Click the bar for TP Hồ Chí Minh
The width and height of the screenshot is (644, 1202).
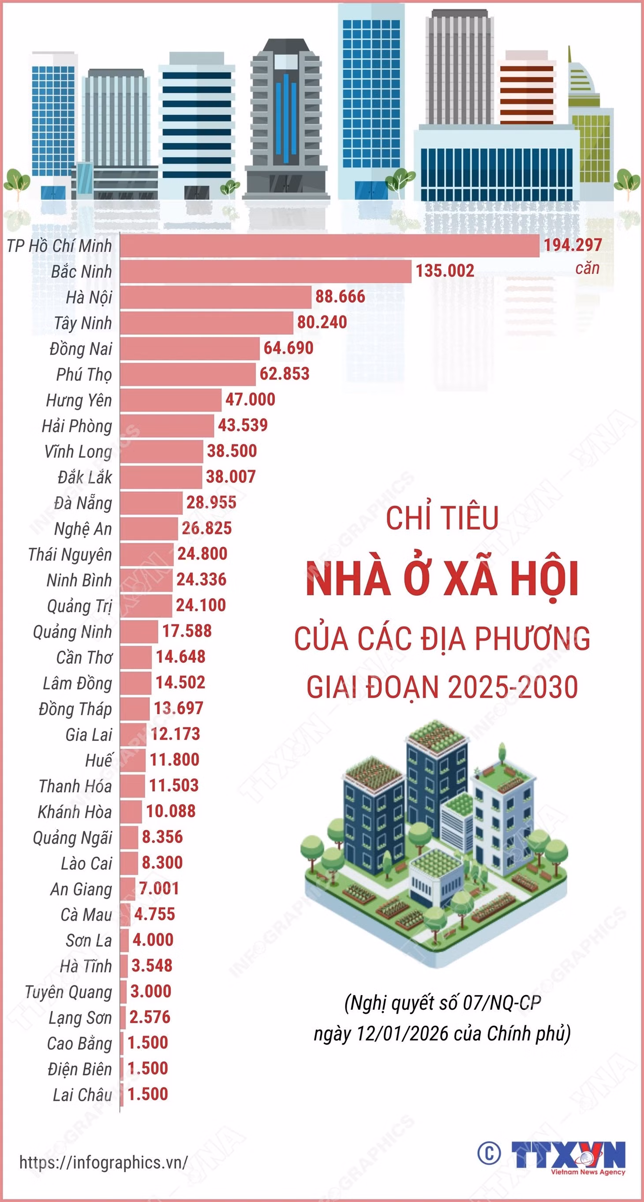(x=329, y=246)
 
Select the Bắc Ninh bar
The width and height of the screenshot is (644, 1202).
(x=266, y=271)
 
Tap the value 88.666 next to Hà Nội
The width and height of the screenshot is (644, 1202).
(x=340, y=296)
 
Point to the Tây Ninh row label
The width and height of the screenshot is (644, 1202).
(x=83, y=323)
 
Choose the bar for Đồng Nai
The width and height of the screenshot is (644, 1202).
(x=190, y=348)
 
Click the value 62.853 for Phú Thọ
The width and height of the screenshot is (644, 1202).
(x=284, y=373)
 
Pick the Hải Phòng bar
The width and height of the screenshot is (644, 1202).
(x=167, y=426)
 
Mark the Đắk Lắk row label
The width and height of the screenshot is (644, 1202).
(x=85, y=477)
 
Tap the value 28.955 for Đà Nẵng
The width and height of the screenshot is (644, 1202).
(x=211, y=502)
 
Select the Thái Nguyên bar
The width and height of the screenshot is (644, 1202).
(x=146, y=554)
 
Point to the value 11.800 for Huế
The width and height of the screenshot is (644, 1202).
(x=175, y=760)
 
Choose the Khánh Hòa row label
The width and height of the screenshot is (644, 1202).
(x=75, y=812)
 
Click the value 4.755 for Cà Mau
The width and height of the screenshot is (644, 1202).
(x=154, y=914)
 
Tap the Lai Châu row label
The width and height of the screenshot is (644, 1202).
(x=82, y=1095)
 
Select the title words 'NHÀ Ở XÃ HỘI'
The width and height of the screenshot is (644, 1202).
(x=442, y=579)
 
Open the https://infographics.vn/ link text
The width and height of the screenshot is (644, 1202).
(x=104, y=1162)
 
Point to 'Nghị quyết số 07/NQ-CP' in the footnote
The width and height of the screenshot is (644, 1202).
(x=442, y=1003)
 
